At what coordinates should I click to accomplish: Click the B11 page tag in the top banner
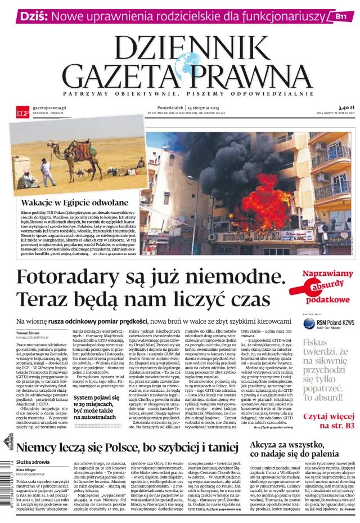point(341,16)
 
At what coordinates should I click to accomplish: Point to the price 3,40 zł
point(346,107)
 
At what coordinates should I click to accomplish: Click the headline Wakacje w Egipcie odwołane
point(75,203)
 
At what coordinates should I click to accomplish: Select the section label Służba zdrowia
point(33,462)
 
